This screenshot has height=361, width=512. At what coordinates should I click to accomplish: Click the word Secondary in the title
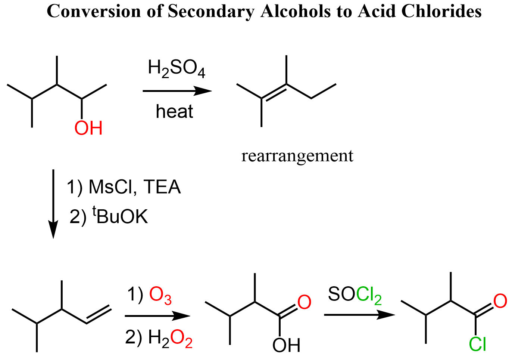tap(211, 12)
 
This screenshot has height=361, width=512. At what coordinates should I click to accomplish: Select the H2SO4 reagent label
tap(177, 69)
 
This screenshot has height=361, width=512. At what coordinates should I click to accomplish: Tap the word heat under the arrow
tap(174, 111)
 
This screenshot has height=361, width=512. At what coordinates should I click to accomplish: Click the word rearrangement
tap(297, 156)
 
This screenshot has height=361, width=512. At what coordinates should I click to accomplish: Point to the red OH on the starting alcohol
tap(88, 128)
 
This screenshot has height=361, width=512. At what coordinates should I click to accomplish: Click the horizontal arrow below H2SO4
tap(177, 91)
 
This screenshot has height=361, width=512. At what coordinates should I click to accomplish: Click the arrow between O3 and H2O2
tap(157, 316)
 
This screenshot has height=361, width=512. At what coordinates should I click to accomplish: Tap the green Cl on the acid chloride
tap(478, 344)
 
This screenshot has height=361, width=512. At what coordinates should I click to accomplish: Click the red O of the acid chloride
tap(500, 301)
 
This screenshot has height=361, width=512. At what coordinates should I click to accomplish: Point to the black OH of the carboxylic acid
tap(286, 345)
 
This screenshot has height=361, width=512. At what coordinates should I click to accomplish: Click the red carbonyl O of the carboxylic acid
tap(304, 302)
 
